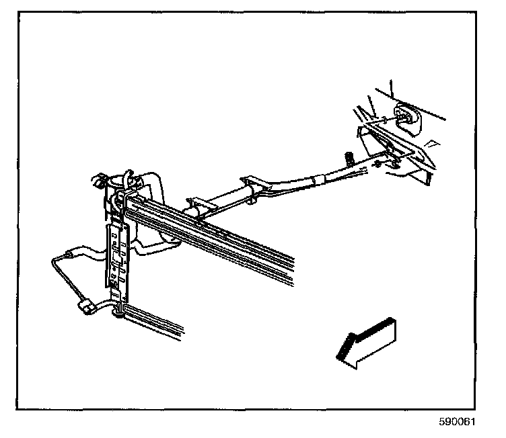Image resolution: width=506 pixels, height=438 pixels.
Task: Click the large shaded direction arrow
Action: coord(366,342)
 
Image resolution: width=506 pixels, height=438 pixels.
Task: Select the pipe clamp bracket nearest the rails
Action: coord(199,204)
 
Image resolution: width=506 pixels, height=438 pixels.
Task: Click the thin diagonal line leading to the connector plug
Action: coord(64,279)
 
